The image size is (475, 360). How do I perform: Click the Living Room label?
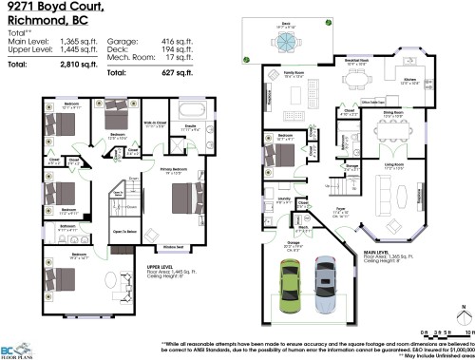pyautogui.click(x=394, y=165)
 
